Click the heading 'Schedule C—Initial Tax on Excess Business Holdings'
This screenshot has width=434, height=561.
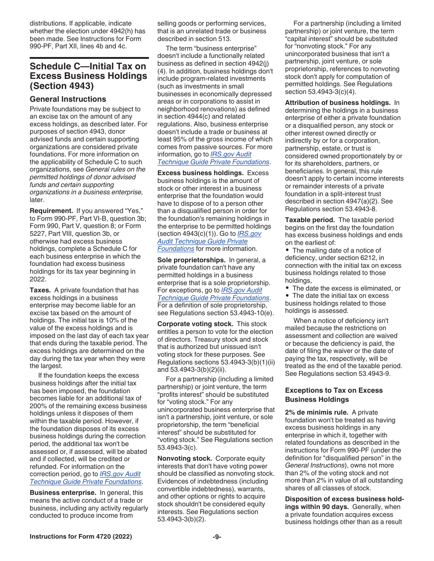[88, 76]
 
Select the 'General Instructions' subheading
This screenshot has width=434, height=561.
[68, 99]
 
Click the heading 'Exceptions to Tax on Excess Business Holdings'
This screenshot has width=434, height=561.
[333, 395]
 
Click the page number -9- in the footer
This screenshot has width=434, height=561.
[217, 537]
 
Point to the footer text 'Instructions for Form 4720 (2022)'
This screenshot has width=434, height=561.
[81, 537]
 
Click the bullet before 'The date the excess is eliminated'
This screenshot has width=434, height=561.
[287, 288]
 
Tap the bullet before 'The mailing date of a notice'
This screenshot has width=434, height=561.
[287, 250]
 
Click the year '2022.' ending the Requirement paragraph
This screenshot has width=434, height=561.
[38, 279]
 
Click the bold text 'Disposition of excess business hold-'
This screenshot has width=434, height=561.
[344, 499]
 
